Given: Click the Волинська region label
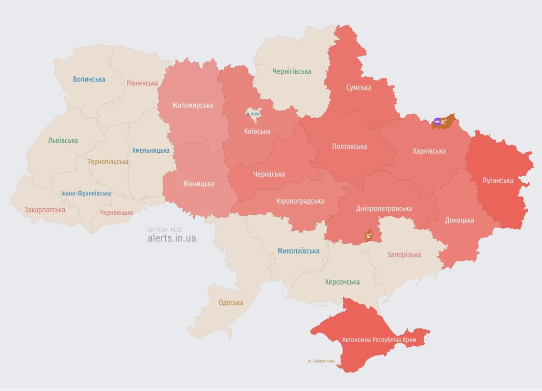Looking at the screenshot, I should click(89, 79).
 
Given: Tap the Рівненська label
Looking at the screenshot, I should click(142, 83).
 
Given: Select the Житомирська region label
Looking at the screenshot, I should click(192, 105).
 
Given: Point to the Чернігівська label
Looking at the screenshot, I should click(292, 71).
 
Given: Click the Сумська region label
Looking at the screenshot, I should click(358, 88).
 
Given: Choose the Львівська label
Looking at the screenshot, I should click(63, 141).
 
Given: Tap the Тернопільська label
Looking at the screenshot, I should click(108, 162).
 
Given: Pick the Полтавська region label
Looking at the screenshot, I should click(349, 147).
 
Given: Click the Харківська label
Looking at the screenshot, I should click(429, 151).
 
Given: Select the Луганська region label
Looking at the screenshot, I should click(498, 180).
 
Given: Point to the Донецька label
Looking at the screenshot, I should click(459, 220).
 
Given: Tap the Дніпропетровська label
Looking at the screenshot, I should click(384, 208).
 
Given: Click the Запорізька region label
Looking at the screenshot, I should click(404, 255).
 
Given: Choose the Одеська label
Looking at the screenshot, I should click(230, 302).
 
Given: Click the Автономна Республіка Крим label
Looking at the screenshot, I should click(379, 340).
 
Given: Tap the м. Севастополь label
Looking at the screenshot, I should click(321, 361).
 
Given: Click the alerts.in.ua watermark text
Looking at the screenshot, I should click(171, 238).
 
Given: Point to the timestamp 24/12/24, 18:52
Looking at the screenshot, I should click(165, 230).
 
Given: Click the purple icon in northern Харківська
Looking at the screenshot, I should click(437, 121).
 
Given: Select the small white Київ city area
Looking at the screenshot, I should click(252, 113).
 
